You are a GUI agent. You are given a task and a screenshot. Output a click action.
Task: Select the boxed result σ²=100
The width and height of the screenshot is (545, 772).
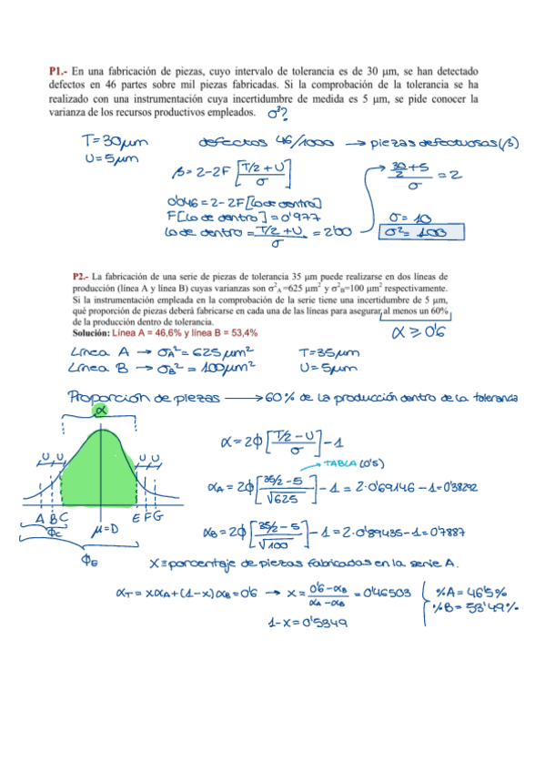(x=419, y=233)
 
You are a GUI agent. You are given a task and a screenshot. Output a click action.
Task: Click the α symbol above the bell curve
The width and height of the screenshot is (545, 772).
(x=100, y=411)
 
